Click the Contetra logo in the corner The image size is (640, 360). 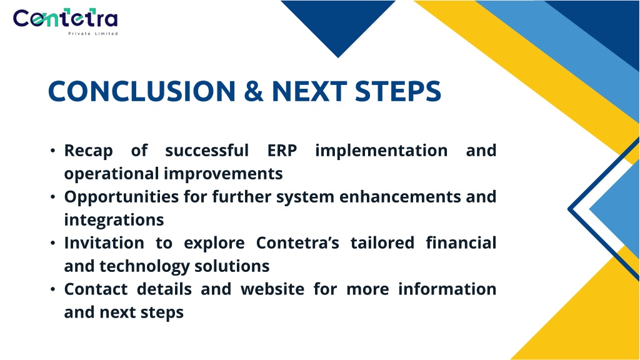click(x=65, y=21)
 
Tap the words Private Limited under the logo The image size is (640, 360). click(x=93, y=34)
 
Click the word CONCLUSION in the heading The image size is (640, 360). click(x=142, y=91)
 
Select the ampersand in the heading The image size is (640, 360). click(x=254, y=91)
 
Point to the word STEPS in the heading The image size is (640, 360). click(x=398, y=91)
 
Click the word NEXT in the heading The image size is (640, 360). click(x=309, y=91)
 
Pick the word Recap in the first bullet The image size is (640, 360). click(x=89, y=151)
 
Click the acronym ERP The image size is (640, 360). click(x=282, y=150)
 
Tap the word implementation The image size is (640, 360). click(x=381, y=151)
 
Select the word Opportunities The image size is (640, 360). click(x=121, y=197)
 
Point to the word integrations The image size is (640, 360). click(x=114, y=221)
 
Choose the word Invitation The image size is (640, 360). click(x=104, y=243)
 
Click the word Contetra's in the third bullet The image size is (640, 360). click(x=297, y=243)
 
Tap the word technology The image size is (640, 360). click(x=144, y=266)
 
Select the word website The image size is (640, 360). click(x=272, y=289)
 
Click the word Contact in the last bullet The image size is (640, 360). click(x=96, y=289)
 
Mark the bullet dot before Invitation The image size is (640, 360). click(x=52, y=243)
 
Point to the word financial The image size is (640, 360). click(x=461, y=243)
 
